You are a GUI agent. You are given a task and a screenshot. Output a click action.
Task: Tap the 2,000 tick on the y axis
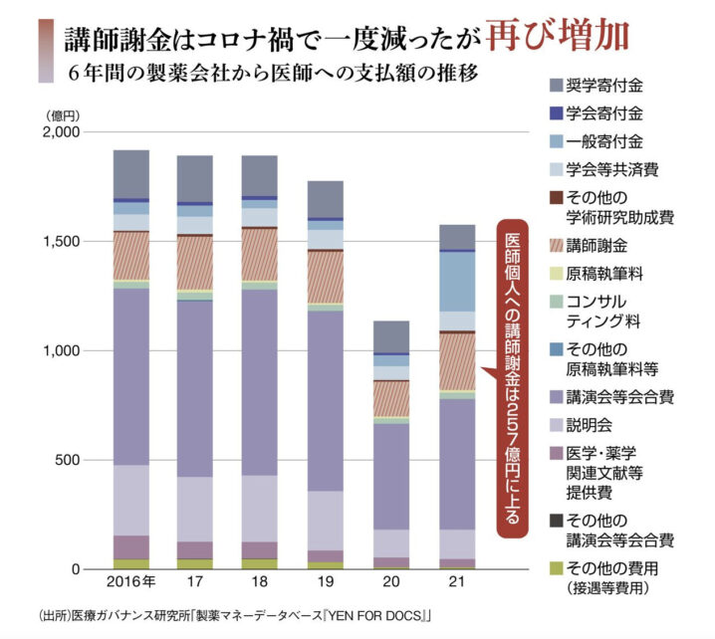[70, 131]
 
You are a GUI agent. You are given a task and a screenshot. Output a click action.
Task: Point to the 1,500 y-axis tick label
[70, 241]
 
